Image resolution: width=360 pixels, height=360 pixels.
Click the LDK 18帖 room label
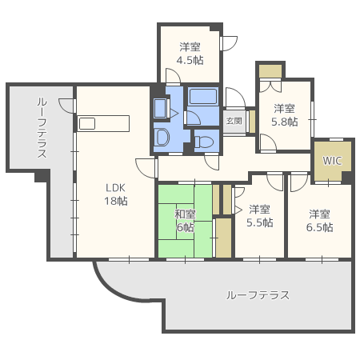pos(115,194)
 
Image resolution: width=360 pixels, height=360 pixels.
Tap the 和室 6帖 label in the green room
pos(186,221)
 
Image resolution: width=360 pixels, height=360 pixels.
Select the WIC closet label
pos(332,160)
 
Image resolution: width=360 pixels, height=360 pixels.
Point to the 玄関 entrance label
pos(234,121)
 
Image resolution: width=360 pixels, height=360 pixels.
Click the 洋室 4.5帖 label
pos(190,53)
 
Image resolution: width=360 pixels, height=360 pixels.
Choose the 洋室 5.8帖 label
pos(285,115)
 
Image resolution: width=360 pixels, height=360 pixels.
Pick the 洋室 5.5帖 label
pos(259,216)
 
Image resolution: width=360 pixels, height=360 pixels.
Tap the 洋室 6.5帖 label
pos(321,220)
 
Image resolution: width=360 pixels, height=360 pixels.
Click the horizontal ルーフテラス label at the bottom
pos(258,295)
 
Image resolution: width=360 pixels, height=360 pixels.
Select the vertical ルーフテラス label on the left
pos(42,128)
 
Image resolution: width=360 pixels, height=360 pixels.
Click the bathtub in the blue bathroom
pos(203,98)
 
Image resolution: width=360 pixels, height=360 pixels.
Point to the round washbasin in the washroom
pos(161,135)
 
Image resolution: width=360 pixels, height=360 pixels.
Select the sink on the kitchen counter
pos(87,123)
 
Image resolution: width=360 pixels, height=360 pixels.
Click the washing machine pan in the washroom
pos(160,108)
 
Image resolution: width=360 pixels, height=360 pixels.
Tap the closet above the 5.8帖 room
pos(270,70)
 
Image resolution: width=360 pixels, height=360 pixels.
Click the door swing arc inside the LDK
pos(146,166)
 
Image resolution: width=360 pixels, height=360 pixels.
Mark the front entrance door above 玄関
pos(234,98)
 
